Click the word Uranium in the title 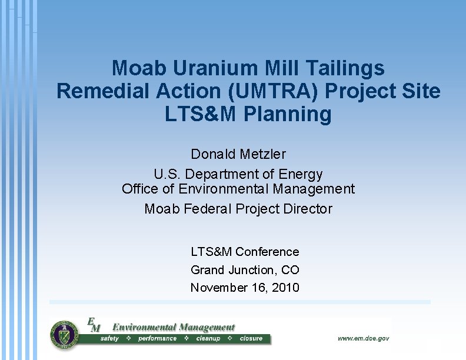[208, 68]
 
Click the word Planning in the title [288, 114]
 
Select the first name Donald [213, 154]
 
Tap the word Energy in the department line [302, 174]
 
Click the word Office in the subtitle [141, 189]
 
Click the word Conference [267, 252]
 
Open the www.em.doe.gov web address [363, 338]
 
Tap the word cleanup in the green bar [208, 339]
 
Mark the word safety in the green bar [109, 339]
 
